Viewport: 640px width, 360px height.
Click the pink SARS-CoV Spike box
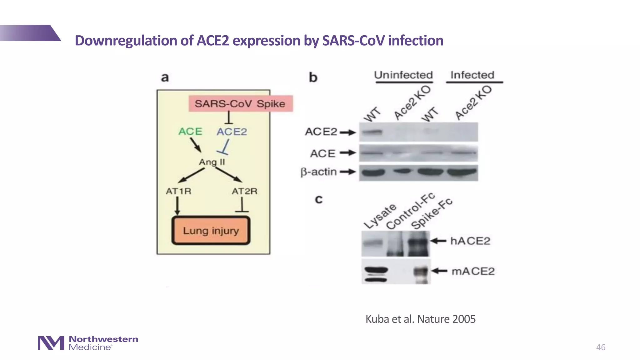[x=240, y=104]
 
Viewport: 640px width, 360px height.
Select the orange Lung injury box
[x=211, y=231]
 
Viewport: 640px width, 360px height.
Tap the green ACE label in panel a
[x=190, y=132]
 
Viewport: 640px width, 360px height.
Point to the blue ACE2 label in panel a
[x=232, y=132]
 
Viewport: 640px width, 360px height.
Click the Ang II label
[x=212, y=162]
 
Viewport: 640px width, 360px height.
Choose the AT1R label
[x=178, y=191]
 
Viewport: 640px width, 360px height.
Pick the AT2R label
[x=244, y=191]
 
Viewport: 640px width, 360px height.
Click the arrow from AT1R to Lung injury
[x=177, y=206]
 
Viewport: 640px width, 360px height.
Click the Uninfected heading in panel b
[x=403, y=75]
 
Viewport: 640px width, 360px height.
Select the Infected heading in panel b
[x=472, y=75]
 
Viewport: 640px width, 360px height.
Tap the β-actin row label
[x=318, y=172]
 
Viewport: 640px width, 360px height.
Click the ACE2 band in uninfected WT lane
[x=372, y=132]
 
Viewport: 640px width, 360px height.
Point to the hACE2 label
[x=470, y=241]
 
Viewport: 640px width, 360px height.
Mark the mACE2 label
[x=473, y=271]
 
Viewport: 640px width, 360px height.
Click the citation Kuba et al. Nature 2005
[x=420, y=319]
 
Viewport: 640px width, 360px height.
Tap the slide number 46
[x=600, y=347]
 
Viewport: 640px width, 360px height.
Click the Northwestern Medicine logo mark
[x=51, y=343]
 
